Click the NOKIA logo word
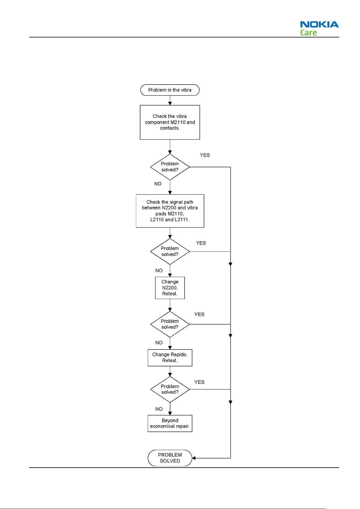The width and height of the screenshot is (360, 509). click(x=319, y=24)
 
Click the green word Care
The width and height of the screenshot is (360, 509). click(x=308, y=33)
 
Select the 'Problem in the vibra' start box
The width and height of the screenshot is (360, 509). click(x=170, y=90)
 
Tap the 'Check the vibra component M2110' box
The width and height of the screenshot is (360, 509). click(x=170, y=122)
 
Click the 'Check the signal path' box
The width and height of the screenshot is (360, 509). click(x=170, y=211)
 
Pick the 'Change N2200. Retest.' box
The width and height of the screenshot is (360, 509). click(x=170, y=288)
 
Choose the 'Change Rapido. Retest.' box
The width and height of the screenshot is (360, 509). click(x=170, y=358)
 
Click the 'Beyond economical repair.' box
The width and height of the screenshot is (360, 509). click(x=170, y=423)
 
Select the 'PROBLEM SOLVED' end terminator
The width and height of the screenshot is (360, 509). click(x=170, y=458)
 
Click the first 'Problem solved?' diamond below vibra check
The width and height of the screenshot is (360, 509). click(x=170, y=167)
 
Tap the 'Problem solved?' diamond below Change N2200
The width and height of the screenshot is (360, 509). click(x=170, y=324)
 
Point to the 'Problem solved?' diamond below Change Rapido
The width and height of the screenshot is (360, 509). click(x=170, y=389)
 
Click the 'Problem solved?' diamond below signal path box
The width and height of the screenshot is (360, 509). click(x=170, y=252)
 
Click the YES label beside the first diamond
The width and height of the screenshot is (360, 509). click(x=205, y=155)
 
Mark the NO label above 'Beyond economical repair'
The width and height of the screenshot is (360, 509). click(x=159, y=409)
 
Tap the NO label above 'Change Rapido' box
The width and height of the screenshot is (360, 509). click(x=159, y=343)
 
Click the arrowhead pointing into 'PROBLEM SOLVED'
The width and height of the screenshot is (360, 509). click(x=194, y=458)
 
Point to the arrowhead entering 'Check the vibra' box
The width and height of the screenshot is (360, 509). click(x=170, y=103)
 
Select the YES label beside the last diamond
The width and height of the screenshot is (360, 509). click(x=199, y=382)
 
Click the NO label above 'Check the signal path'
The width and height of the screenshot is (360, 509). click(x=158, y=184)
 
